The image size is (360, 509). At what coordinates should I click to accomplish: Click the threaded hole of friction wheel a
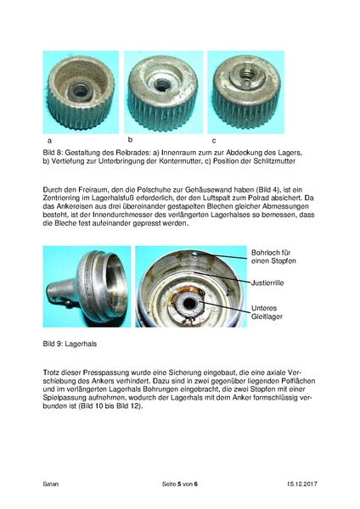(79, 91)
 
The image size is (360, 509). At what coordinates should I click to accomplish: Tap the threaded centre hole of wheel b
(161, 85)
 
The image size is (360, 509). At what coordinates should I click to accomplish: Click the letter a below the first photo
(49, 141)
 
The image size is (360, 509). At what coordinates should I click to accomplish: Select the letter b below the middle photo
(130, 140)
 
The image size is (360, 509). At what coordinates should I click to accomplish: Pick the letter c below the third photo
(214, 141)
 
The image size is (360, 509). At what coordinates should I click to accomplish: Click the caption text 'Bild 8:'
(53, 152)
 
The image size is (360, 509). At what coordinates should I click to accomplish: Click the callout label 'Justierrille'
(267, 282)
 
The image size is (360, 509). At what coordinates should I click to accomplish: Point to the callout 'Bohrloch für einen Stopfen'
(273, 256)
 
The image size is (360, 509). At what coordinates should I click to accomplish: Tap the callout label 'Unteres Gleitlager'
(267, 312)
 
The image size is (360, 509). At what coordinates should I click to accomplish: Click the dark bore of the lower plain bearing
(188, 304)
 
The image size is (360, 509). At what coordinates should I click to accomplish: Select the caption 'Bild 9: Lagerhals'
(70, 344)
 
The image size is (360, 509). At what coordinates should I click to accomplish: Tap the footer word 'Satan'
(51, 484)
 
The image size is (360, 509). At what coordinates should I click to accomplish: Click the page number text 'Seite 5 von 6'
(180, 484)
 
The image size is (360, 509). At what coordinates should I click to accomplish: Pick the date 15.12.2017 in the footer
(302, 484)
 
